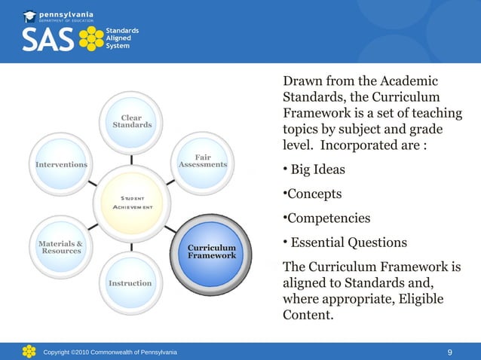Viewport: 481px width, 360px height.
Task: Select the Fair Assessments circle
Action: point(202,160)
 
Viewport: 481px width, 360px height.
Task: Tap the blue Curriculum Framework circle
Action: point(211,252)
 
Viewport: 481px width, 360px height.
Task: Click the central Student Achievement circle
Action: point(132,203)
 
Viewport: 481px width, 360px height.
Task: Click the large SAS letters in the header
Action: point(47,40)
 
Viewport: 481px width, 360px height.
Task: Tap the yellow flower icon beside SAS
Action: point(91,39)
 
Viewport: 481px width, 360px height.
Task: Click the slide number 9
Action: point(449,352)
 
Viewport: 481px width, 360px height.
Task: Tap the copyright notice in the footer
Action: point(110,352)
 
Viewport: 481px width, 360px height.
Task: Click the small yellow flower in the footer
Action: point(29,351)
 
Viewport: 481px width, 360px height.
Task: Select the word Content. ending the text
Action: point(306,316)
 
